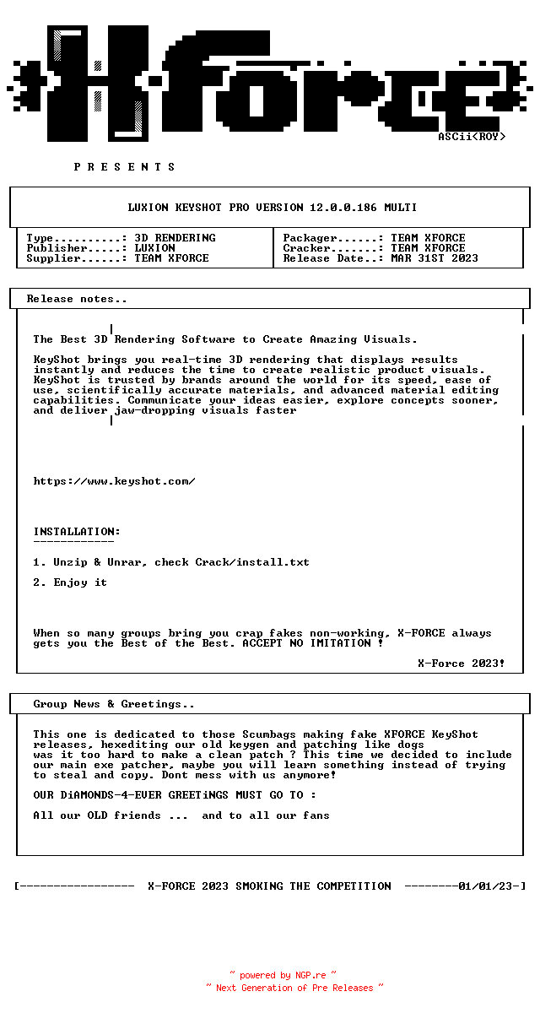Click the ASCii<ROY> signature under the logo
click(472, 137)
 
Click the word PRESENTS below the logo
click(125, 167)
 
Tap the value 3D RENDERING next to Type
click(175, 238)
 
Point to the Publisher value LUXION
click(154, 248)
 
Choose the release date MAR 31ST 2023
click(434, 258)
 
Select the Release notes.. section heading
click(77, 299)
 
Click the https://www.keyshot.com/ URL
click(114, 481)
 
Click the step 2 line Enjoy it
click(80, 582)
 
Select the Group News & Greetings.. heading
click(114, 704)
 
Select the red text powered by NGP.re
click(283, 976)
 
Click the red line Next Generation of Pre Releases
click(294, 988)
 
